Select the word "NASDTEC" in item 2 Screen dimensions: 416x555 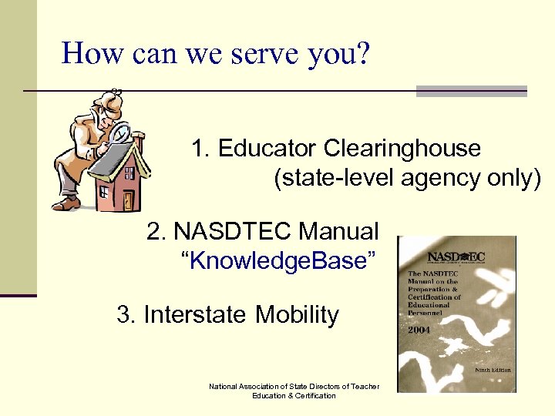234,231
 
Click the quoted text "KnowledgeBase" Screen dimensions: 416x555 280,261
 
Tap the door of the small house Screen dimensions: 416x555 127,200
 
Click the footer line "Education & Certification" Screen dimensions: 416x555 294,396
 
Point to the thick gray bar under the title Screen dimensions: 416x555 471,91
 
